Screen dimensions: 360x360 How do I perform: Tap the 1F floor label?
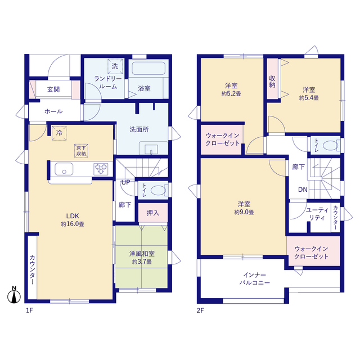29,310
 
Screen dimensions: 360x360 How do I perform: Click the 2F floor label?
200,310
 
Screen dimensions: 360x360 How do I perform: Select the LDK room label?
73,216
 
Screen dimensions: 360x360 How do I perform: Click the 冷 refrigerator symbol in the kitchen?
59,133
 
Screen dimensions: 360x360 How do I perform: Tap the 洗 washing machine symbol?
115,66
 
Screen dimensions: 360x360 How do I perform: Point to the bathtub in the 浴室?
148,68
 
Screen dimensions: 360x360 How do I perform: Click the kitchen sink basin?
64,169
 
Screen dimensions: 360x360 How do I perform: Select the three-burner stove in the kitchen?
101,169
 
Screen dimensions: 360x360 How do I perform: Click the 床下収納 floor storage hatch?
81,151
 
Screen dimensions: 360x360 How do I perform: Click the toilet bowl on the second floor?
331,146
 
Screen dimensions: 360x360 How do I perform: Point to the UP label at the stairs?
125,182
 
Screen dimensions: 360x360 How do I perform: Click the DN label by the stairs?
303,190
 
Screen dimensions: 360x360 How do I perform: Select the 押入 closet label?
152,213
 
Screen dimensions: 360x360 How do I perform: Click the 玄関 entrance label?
53,89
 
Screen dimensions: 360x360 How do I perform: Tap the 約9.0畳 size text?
244,212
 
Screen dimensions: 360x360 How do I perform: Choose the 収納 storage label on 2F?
272,82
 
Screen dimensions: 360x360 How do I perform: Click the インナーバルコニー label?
255,279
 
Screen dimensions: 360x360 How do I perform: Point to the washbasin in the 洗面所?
151,149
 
